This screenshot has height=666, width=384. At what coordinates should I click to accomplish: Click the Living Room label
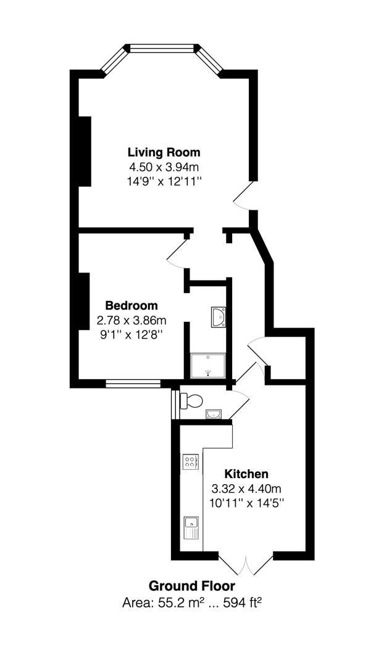click(164, 152)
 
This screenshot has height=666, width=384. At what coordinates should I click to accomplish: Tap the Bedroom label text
click(132, 305)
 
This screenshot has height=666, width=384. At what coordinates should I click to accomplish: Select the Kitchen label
click(247, 474)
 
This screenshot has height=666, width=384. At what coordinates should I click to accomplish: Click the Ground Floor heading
click(192, 586)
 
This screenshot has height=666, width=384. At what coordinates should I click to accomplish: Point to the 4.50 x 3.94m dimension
click(165, 166)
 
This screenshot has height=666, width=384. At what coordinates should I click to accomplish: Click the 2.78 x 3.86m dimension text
click(132, 319)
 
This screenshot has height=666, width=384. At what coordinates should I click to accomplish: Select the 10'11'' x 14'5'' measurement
click(247, 503)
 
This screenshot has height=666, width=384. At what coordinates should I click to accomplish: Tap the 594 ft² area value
click(241, 602)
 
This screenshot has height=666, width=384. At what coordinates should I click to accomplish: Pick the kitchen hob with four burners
click(191, 462)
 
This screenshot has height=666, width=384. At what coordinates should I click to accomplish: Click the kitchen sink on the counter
click(191, 527)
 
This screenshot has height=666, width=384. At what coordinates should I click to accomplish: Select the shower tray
click(207, 366)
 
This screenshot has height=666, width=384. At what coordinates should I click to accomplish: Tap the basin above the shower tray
click(219, 317)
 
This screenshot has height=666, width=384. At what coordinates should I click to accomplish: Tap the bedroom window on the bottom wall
click(133, 384)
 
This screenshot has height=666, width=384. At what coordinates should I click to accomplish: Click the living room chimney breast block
click(85, 151)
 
